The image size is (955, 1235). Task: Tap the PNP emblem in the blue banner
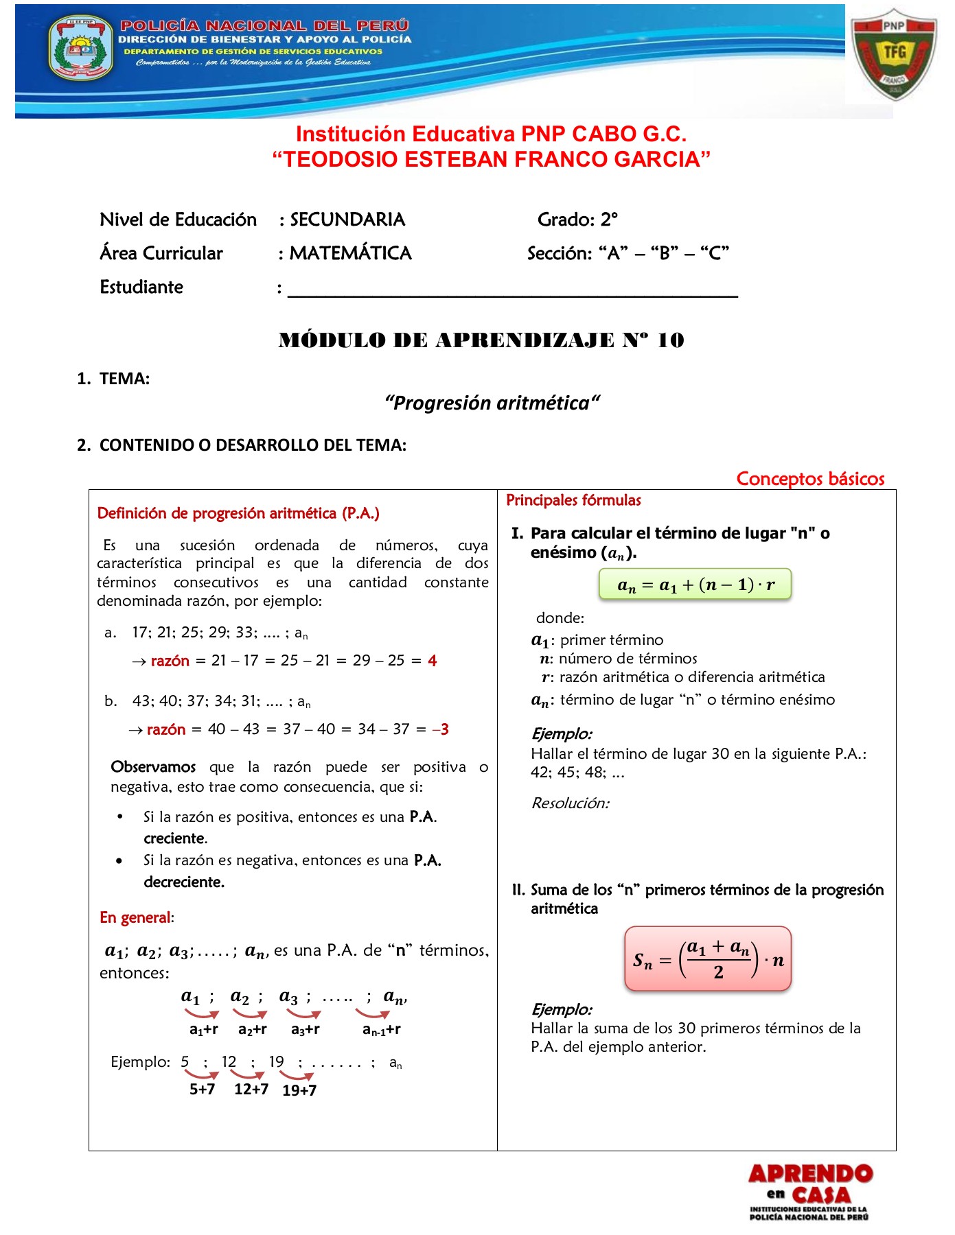tap(81, 48)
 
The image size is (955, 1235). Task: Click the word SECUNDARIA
tap(347, 220)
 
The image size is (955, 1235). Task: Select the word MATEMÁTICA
tap(350, 253)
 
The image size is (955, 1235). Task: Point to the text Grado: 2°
tap(577, 220)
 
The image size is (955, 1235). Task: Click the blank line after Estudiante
tap(512, 288)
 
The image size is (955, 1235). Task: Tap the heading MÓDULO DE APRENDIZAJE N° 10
tap(481, 340)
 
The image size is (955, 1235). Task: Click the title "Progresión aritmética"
tap(492, 403)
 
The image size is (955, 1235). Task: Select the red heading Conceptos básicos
tap(810, 478)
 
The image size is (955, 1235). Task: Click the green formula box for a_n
tap(695, 585)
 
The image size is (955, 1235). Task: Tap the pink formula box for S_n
tap(708, 958)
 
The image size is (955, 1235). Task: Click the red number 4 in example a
tap(432, 661)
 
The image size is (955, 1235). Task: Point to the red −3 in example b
tap(441, 729)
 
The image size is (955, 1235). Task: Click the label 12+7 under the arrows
tap(251, 1089)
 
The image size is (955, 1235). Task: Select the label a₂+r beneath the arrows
tap(252, 1029)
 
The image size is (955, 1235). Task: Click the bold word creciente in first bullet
tap(175, 838)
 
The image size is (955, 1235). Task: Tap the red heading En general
tap(136, 918)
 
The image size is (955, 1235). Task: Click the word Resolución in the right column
tap(570, 803)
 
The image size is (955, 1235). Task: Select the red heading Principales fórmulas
tap(573, 500)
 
